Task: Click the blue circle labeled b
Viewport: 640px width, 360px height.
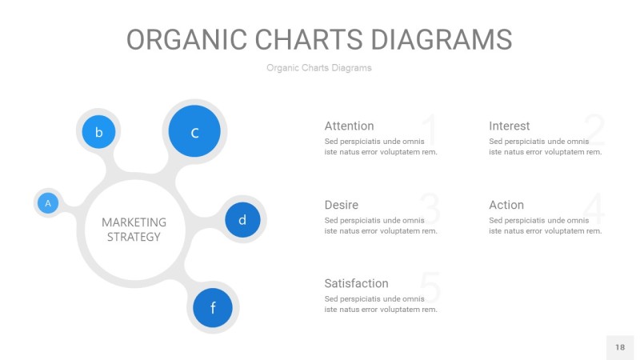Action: coord(98,132)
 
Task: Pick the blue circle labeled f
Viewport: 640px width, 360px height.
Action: coord(213,308)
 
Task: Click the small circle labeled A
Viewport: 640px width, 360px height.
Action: coord(48,204)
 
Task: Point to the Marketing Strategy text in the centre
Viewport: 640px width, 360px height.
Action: coord(134,229)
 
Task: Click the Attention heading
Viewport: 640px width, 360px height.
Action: coord(349,126)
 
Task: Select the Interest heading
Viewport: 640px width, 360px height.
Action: coord(509,126)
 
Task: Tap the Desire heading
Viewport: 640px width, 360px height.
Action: coord(342,205)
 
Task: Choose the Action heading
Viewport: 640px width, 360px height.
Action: coord(506,205)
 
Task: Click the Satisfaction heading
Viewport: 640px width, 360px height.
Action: coord(356,283)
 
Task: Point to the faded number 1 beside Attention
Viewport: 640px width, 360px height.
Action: coord(429,130)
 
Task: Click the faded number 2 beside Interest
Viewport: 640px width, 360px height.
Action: coord(594,130)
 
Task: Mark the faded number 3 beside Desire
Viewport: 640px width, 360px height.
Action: coord(430,210)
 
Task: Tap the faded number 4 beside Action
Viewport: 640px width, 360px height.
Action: coord(594,210)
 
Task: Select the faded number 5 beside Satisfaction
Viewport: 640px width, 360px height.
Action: coord(430,288)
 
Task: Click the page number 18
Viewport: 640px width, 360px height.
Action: coord(620,347)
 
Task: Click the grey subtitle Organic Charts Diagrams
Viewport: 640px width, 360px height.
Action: coord(319,68)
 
